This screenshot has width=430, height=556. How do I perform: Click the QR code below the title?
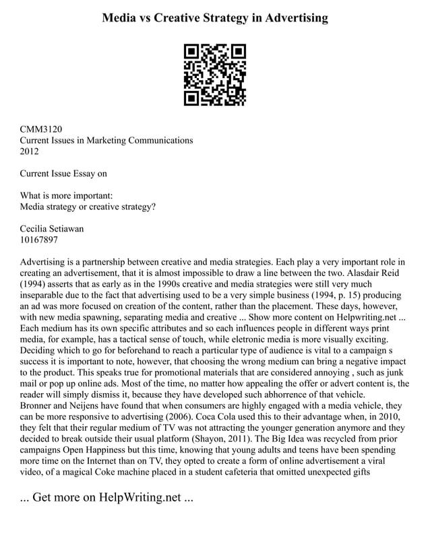(x=214, y=75)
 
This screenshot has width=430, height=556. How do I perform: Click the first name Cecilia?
(x=38, y=229)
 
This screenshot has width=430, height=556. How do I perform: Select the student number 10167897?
(x=39, y=240)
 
